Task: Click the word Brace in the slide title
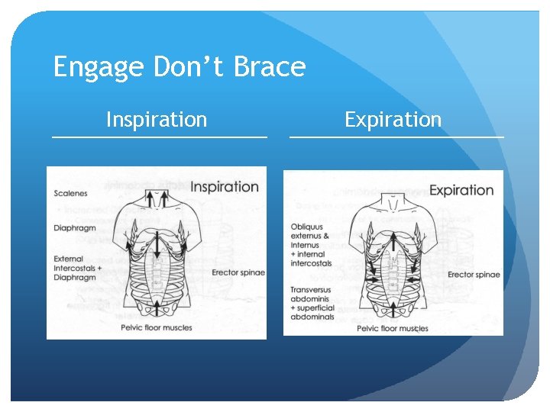click(269, 68)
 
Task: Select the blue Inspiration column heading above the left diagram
click(156, 120)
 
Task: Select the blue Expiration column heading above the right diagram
click(393, 120)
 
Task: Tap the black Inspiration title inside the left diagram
click(224, 187)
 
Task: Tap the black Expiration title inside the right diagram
click(461, 190)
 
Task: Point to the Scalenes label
click(70, 193)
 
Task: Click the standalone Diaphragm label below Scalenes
click(74, 227)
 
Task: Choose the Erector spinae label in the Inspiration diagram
click(238, 273)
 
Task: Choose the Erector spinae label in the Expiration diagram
click(474, 275)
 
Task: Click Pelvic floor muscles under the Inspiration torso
click(156, 328)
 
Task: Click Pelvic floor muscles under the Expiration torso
click(393, 329)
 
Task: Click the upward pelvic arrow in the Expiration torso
click(393, 309)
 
